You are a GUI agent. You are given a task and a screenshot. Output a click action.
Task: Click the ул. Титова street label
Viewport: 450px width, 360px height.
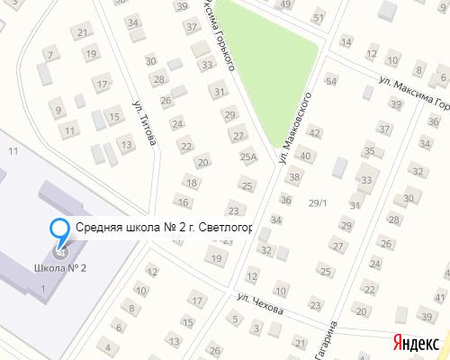(144, 123)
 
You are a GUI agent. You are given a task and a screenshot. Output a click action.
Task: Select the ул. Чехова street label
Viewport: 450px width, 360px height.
(260, 303)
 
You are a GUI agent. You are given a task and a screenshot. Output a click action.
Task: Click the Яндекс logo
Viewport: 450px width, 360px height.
(415, 341)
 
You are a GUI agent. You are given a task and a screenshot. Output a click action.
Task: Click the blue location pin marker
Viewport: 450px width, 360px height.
(59, 230)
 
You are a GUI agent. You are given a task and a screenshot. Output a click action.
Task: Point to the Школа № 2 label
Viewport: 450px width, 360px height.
(59, 268)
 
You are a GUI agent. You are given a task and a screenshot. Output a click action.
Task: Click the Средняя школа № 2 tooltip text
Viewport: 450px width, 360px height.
(163, 228)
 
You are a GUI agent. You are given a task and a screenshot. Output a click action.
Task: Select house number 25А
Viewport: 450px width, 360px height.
(249, 157)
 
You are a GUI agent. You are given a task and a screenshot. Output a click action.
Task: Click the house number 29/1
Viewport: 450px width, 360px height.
(318, 202)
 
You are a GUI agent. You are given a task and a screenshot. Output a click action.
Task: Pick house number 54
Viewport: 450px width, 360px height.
(331, 81)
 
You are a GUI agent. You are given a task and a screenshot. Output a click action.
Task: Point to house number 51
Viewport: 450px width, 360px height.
(318, 18)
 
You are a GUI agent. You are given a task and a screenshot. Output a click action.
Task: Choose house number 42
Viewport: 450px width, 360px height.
(314, 132)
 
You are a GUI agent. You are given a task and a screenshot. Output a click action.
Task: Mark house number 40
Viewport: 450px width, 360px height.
(305, 156)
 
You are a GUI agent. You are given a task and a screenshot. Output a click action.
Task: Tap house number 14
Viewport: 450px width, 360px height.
(346, 41)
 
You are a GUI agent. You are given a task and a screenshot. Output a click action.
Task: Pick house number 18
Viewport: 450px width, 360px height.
(190, 183)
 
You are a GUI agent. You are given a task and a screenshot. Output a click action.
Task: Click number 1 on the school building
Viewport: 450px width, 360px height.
(42, 287)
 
